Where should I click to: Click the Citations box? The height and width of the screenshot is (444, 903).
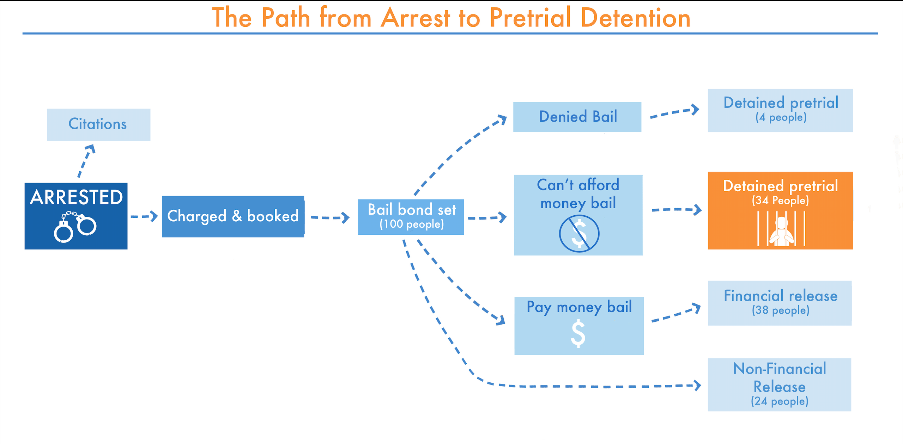99,125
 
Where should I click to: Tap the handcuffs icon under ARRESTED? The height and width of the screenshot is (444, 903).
75,227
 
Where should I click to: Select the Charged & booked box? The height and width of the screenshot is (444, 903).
233,216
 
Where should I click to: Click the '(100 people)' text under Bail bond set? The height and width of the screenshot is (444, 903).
412,224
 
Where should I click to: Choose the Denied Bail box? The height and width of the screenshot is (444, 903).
577,117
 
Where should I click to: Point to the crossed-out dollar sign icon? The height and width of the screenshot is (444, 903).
579,234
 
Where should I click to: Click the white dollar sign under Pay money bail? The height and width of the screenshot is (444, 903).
578,333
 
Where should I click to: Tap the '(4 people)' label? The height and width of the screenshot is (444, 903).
781,117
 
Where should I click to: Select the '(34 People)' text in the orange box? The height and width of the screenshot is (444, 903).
780,201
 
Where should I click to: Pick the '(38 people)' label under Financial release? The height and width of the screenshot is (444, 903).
781,310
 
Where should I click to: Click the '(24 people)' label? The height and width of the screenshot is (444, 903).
780,401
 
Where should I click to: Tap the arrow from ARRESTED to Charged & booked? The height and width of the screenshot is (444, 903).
144,216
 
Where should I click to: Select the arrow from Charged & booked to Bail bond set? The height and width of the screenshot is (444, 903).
330,218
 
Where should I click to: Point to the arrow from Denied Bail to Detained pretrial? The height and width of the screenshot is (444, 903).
674,112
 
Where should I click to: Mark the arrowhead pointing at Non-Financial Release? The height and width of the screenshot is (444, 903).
697,385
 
